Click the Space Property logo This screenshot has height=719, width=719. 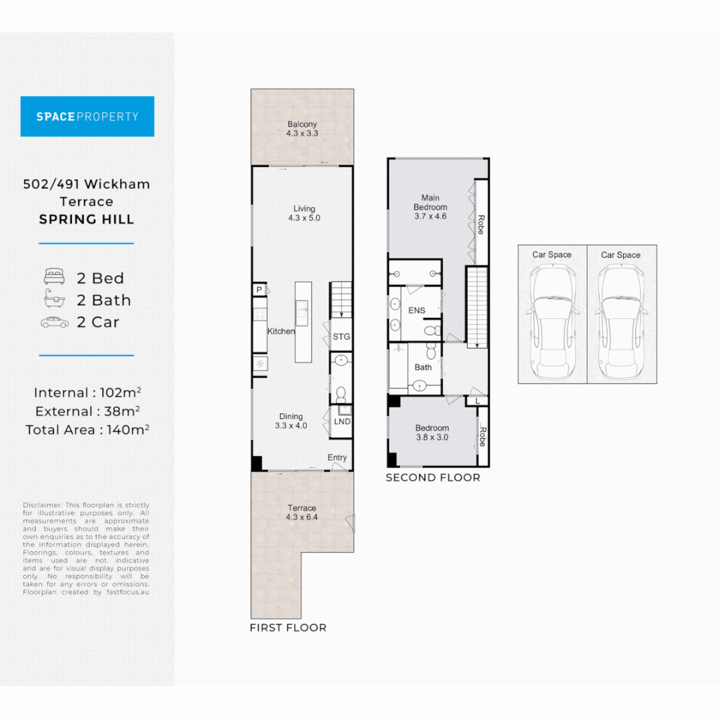point(87,117)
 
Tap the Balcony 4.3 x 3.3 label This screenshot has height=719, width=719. point(302,128)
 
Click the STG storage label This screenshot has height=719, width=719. point(341,337)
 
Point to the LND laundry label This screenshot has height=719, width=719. point(342,421)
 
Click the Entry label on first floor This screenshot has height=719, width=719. point(337,458)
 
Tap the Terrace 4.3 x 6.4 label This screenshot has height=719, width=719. point(302,513)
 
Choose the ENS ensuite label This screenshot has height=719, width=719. point(417,311)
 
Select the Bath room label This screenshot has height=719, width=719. point(423,367)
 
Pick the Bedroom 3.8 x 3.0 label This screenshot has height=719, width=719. point(432,433)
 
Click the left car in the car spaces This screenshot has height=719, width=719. point(552,322)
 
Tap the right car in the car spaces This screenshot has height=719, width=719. point(621,322)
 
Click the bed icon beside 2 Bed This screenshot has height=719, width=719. point(55,278)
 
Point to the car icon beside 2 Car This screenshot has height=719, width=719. point(55,322)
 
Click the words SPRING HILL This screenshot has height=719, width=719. point(87,220)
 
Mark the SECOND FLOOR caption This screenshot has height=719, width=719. point(433,477)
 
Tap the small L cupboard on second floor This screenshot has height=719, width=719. point(477,401)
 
